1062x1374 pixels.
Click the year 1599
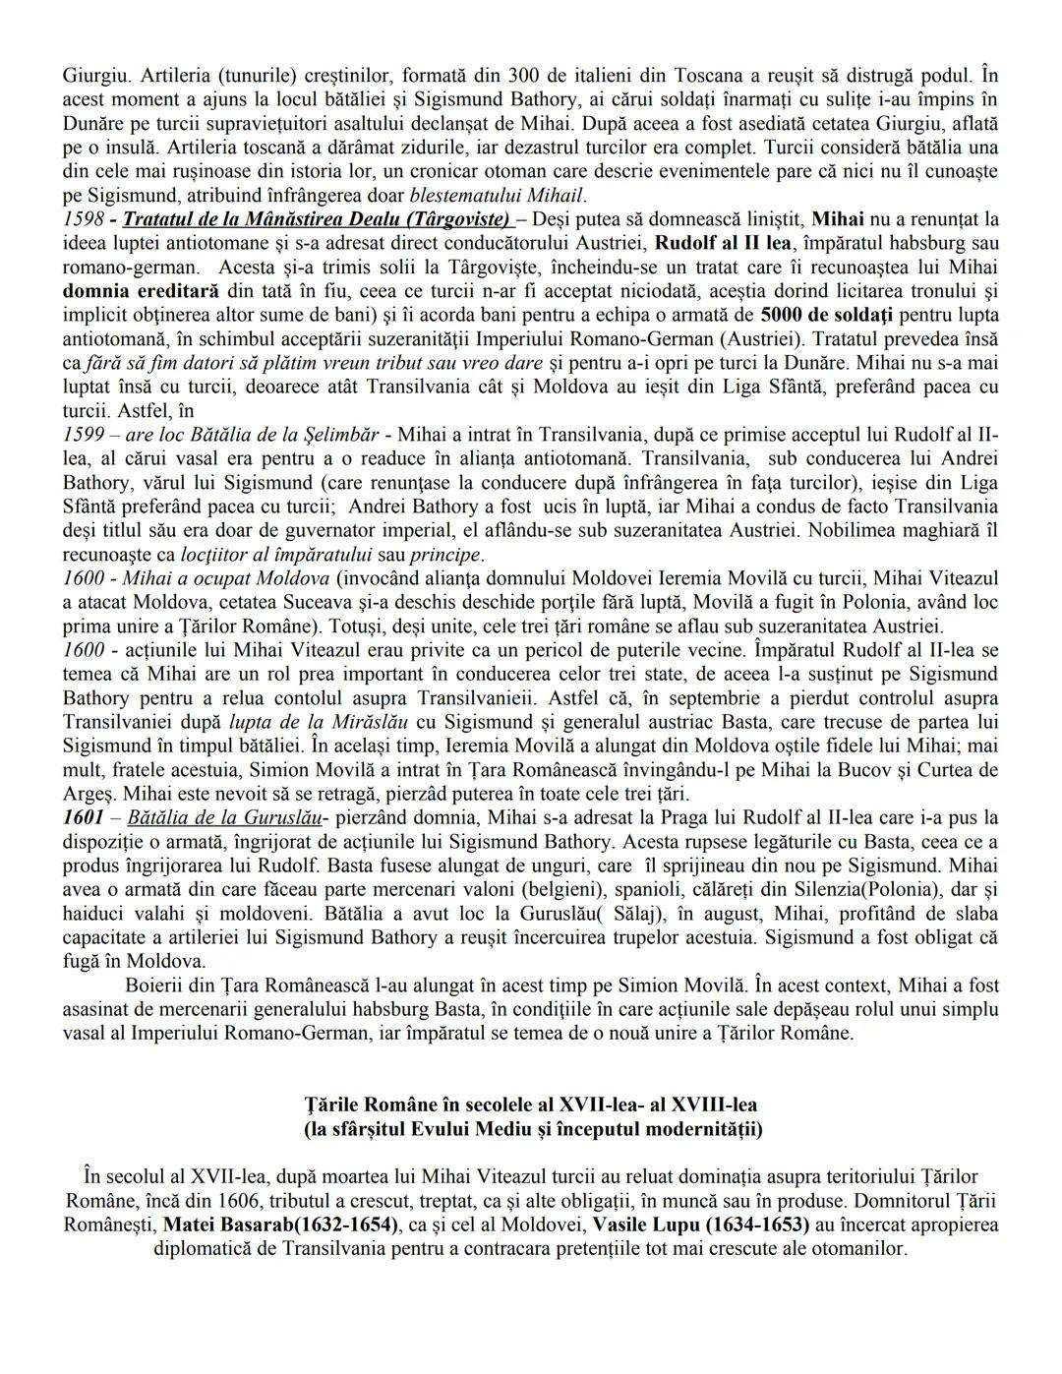tap(83, 434)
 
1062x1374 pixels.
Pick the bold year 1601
tap(83, 817)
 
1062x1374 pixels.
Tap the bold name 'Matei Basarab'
tap(226, 1225)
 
